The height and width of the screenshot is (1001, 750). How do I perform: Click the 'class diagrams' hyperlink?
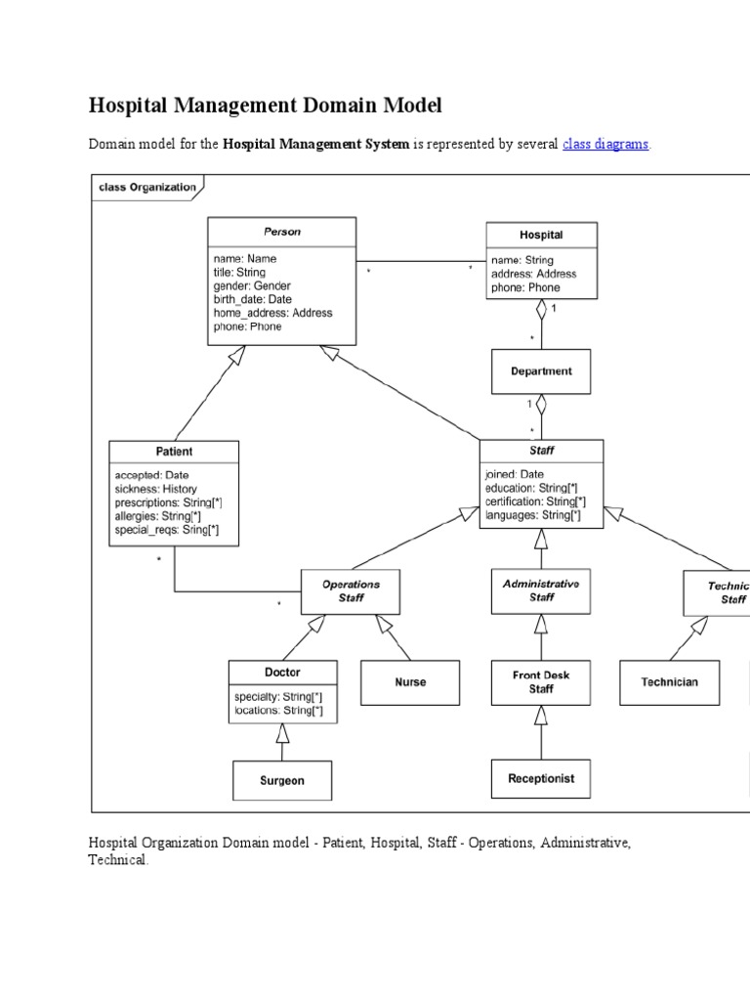pos(605,145)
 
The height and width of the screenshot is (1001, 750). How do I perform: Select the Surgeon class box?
pos(282,780)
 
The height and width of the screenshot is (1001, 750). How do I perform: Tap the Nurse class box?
pos(410,682)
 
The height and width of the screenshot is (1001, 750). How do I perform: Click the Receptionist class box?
pos(541,779)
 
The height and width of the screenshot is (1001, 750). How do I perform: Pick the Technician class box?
pos(670,682)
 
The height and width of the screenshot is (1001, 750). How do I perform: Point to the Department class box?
pos(541,371)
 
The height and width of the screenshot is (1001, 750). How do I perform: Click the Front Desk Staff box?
pos(541,681)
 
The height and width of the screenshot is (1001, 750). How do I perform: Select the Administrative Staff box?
pos(541,590)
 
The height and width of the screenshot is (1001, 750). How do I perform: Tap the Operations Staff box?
pos(351,590)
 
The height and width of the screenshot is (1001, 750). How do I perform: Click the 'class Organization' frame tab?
pos(147,187)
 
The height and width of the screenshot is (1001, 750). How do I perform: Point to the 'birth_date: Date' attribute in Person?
pos(253,299)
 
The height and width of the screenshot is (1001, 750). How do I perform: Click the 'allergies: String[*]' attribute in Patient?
pos(166,516)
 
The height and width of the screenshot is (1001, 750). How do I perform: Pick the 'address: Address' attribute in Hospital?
pos(534,274)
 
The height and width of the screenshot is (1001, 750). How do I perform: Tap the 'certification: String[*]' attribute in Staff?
pos(535,501)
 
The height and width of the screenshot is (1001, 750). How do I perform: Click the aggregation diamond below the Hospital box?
pos(541,310)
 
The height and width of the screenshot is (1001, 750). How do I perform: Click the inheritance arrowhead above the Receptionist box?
pos(541,716)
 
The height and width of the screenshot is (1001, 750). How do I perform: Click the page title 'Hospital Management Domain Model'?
pos(266,105)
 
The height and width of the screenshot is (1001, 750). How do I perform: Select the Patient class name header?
pos(174,452)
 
